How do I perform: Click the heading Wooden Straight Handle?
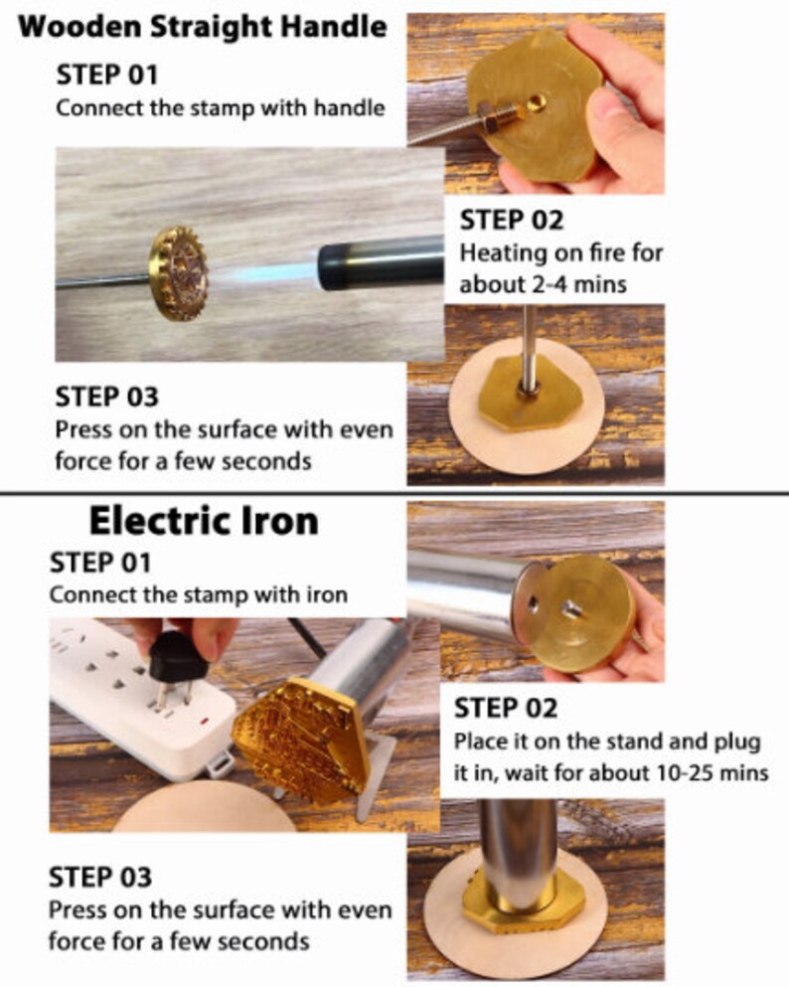pyautogui.click(x=203, y=26)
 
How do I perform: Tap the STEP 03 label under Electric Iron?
pyautogui.click(x=101, y=878)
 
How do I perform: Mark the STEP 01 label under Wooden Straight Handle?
pyautogui.click(x=106, y=75)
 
